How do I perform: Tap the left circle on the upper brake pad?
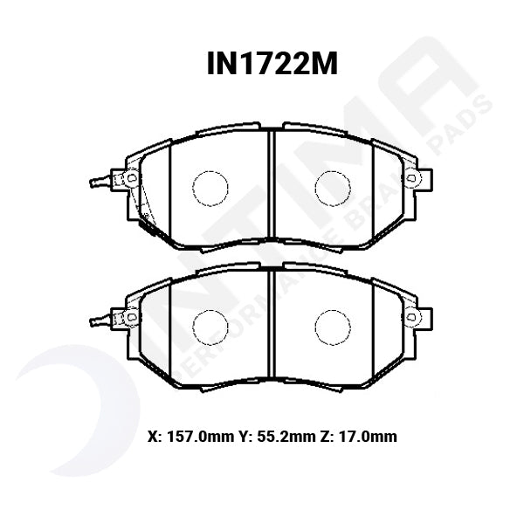pos(209,187)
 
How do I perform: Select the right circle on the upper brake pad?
pos(332,187)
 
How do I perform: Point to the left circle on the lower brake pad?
pos(209,326)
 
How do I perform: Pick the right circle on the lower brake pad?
pos(332,326)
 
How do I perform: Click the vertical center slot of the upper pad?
pos(270,187)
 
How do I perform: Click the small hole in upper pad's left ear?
pos(133,178)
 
